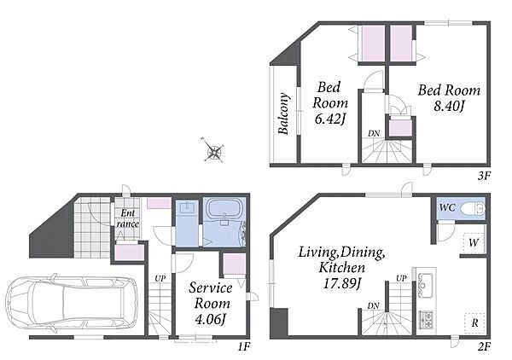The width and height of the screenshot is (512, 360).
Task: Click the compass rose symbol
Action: point(213,151)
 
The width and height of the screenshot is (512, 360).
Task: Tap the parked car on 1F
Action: point(71,303)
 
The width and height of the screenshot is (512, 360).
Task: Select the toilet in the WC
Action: point(473,208)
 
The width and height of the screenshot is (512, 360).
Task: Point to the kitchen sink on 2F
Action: point(426,286)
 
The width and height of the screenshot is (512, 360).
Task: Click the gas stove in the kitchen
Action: point(426,319)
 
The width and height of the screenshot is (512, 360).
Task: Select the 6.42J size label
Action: point(330,119)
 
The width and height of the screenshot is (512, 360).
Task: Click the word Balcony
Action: point(284,114)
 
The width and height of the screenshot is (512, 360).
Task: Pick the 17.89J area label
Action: point(342,283)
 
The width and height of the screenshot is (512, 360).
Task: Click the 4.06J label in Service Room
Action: point(211,319)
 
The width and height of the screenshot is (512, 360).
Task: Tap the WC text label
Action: point(447,207)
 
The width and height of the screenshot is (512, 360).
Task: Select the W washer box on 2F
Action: point(473,242)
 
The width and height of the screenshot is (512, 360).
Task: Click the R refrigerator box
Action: point(474,323)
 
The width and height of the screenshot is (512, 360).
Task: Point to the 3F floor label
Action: point(484,177)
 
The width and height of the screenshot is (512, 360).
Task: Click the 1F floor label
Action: point(243,346)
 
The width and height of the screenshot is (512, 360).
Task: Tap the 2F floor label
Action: point(484,346)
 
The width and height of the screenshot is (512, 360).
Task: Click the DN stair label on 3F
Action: point(374,133)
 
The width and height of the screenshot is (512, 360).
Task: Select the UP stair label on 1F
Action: point(160,279)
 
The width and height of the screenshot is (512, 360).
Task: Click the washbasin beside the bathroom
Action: point(187,209)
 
